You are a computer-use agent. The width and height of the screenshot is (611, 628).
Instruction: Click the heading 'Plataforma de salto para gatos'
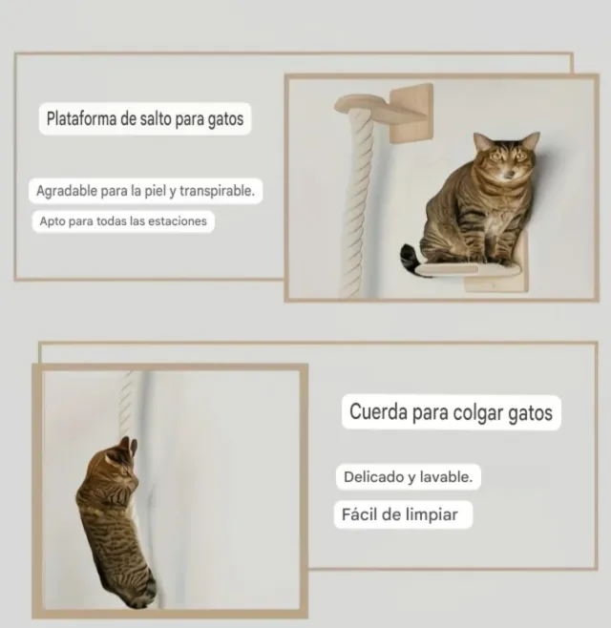[144, 120]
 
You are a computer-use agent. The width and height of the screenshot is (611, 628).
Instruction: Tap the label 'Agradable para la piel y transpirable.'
[145, 190]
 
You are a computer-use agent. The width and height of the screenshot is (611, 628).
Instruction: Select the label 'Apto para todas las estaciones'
[120, 221]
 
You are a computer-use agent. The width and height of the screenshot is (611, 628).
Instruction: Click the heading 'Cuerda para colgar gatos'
[451, 413]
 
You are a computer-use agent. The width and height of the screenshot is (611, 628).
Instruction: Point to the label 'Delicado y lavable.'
[408, 475]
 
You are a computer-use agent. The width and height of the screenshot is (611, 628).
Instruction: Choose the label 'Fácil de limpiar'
[400, 515]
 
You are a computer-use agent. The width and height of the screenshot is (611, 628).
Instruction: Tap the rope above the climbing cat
[131, 401]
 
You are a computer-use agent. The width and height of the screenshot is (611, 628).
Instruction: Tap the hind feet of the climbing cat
[143, 592]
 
